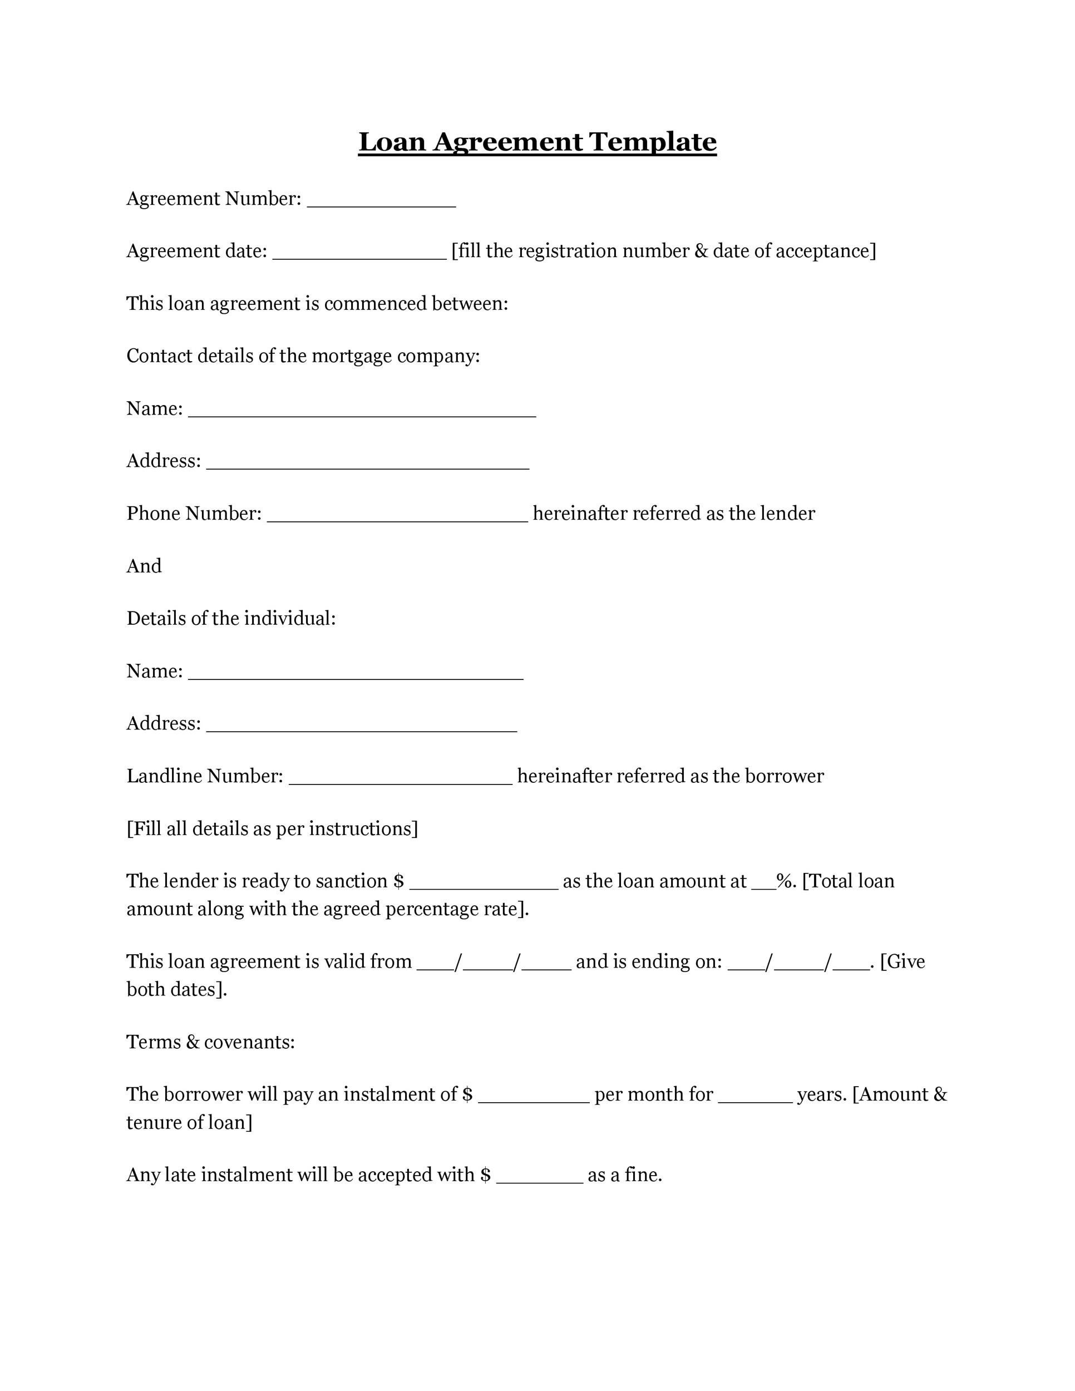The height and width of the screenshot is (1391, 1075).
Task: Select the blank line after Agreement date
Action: (359, 255)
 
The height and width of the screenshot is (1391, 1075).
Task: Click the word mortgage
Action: (351, 356)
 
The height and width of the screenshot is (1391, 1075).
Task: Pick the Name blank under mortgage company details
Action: (362, 412)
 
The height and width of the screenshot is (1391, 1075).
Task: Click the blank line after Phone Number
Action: (397, 517)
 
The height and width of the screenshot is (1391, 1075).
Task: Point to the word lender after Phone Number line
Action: (787, 514)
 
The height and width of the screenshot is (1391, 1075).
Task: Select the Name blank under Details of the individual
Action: (356, 675)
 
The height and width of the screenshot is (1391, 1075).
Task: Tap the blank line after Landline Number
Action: (400, 780)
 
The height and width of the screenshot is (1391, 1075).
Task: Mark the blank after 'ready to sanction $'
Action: (484, 885)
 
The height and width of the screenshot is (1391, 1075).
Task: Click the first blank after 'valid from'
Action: (435, 965)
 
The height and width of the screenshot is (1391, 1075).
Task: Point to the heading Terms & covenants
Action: (210, 1042)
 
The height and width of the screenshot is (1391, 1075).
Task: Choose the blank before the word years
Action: (755, 1099)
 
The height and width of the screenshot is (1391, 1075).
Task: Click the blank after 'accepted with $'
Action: (539, 1179)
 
